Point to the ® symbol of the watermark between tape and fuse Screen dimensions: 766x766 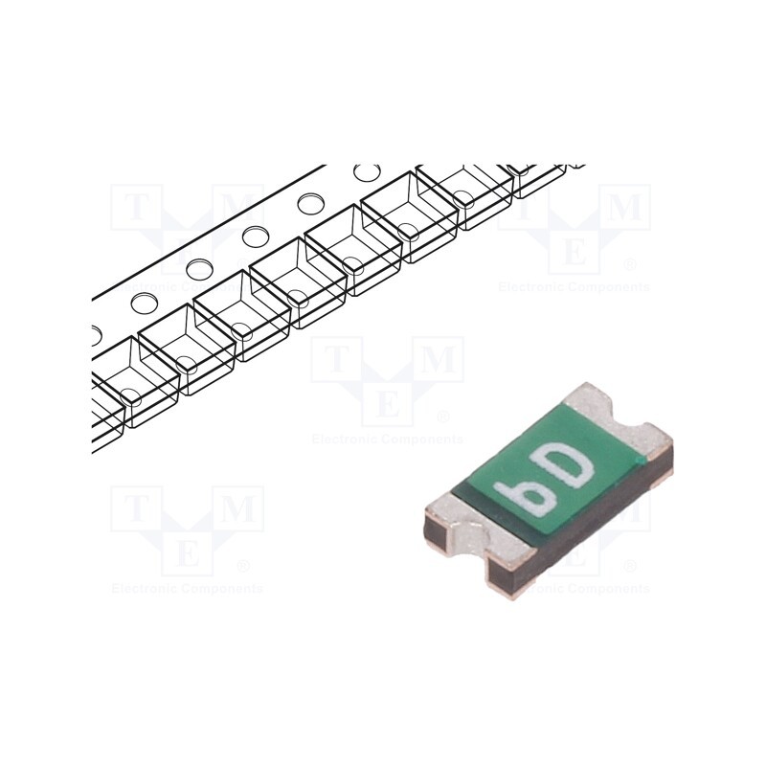[x=442, y=417]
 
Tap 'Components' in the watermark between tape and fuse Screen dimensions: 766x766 [x=421, y=439]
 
